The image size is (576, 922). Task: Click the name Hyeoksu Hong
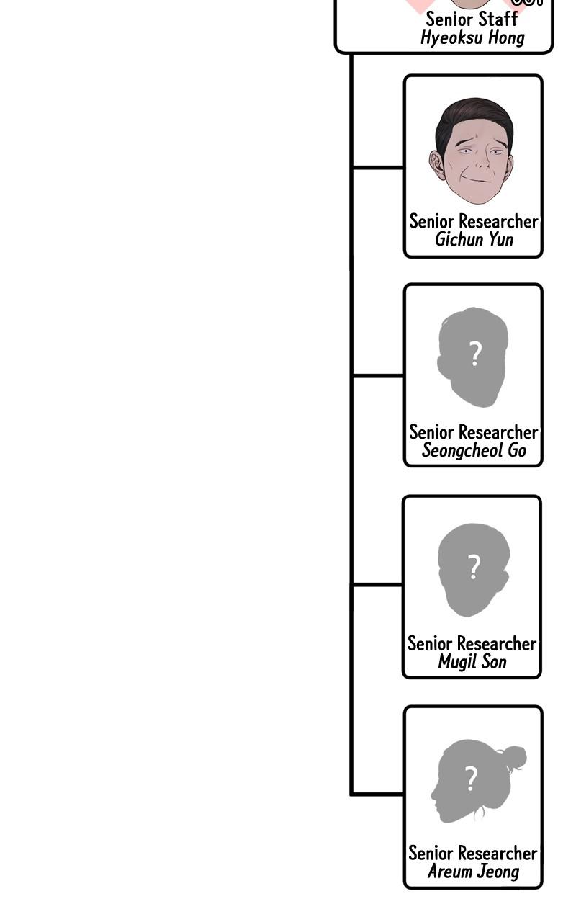pos(472,37)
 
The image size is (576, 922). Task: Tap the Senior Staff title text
pos(472,19)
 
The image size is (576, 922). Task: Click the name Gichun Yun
pos(474,239)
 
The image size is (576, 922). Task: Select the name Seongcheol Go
pos(474,450)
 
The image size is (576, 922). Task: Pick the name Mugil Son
pos(472,661)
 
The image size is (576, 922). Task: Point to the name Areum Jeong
pos(473,872)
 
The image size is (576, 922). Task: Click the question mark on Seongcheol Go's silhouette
pos(474,355)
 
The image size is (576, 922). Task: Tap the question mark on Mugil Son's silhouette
pos(473,567)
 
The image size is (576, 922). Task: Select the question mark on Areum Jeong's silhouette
pos(471,779)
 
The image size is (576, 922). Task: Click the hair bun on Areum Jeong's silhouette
pos(514,757)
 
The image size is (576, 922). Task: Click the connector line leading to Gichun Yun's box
pos(377,167)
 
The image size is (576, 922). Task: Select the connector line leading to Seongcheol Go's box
pos(377,375)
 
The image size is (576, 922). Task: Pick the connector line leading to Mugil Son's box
pos(377,585)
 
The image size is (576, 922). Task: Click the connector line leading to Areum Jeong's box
pos(377,795)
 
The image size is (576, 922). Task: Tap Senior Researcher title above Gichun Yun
pos(474,221)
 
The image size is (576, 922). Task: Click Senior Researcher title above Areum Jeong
pos(473,853)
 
